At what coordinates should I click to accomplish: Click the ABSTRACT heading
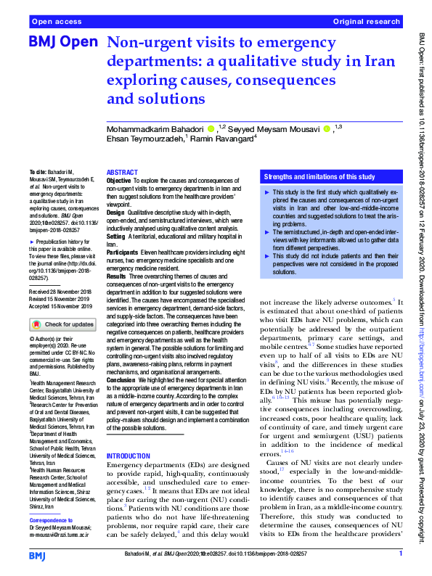click(121, 165)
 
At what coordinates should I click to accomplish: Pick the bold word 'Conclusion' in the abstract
click(123, 379)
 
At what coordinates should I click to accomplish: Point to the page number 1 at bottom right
click(401, 555)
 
